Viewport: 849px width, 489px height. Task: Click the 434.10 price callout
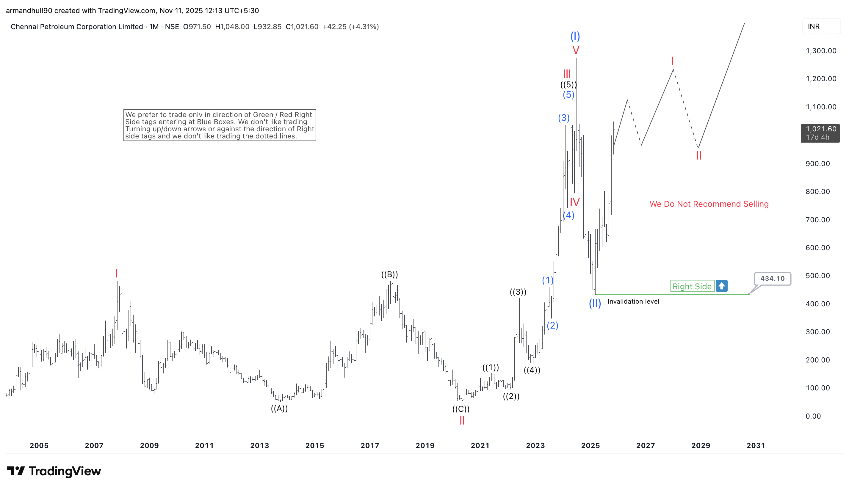coord(772,278)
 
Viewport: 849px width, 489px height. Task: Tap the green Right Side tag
coord(692,286)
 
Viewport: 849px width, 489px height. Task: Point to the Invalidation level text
coord(633,301)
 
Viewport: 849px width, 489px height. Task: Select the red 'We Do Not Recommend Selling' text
coord(709,204)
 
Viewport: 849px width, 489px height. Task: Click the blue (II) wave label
coord(594,303)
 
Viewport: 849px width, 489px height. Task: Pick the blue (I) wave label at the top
coord(575,36)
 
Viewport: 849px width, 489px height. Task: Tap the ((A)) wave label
coord(279,408)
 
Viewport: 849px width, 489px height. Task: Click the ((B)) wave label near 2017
coord(389,275)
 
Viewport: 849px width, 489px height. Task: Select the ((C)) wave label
coord(461,409)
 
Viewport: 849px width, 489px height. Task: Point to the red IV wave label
coord(575,202)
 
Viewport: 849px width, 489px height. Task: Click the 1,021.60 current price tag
coord(820,133)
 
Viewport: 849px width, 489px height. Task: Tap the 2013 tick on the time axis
coord(260,445)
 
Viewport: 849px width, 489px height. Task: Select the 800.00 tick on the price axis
coord(817,191)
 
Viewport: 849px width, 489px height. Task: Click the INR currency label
coord(814,26)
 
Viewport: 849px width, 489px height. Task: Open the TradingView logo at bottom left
coord(54,471)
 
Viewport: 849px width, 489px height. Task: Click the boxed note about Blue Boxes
coord(220,125)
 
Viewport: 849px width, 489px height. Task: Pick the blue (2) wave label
coord(552,325)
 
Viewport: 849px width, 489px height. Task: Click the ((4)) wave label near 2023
coord(532,370)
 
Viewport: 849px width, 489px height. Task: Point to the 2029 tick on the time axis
coord(701,445)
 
